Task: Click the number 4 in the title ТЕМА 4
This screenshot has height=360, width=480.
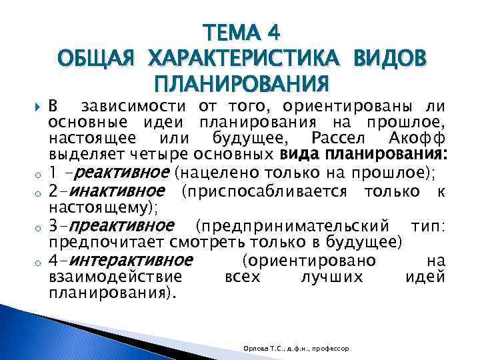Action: tap(273, 31)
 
